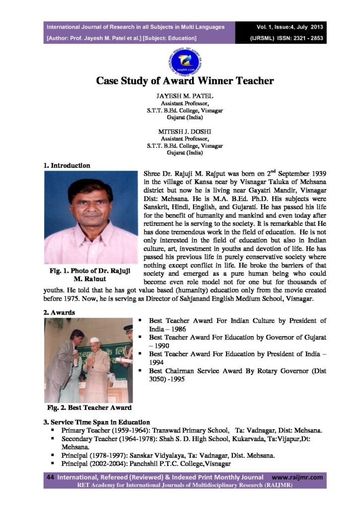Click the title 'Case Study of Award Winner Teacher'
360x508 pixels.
pyautogui.click(x=185, y=80)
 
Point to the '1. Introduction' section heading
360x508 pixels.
pyautogui.click(x=67, y=165)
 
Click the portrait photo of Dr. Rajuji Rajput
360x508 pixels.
pyautogui.click(x=90, y=217)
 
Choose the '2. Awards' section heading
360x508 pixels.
pyautogui.click(x=59, y=313)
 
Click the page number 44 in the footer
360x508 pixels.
pyautogui.click(x=50, y=477)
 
